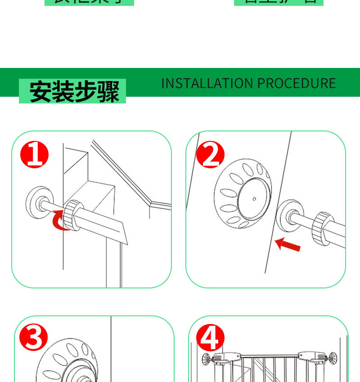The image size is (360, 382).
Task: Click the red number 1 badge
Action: (x=35, y=154)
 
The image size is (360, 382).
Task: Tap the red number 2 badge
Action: (x=210, y=154)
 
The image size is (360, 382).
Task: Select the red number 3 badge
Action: (x=34, y=338)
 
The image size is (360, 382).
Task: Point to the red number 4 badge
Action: (x=210, y=338)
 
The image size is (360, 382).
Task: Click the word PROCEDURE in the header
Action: (x=297, y=83)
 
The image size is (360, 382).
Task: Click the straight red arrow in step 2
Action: (x=288, y=245)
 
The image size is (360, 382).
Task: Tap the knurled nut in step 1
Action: (x=73, y=214)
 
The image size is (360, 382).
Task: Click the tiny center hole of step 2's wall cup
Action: (x=254, y=198)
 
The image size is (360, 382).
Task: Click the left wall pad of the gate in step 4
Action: (x=206, y=359)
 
